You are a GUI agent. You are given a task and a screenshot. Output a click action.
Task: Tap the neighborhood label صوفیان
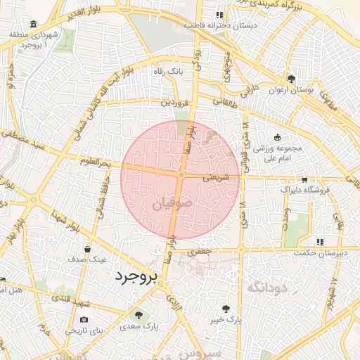[x=169, y=205]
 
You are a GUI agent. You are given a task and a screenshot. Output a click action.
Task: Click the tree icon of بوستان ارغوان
[x=292, y=79]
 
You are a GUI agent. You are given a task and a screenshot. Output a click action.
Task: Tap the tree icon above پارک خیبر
[x=226, y=308]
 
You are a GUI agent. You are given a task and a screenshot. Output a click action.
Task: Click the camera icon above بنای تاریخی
[x=84, y=320]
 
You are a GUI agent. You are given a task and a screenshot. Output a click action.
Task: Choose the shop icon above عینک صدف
[x=87, y=248]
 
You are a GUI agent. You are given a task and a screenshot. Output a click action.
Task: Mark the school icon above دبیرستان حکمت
[x=319, y=242]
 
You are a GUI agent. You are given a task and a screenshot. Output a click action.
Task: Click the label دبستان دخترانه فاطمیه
[x=219, y=25]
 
